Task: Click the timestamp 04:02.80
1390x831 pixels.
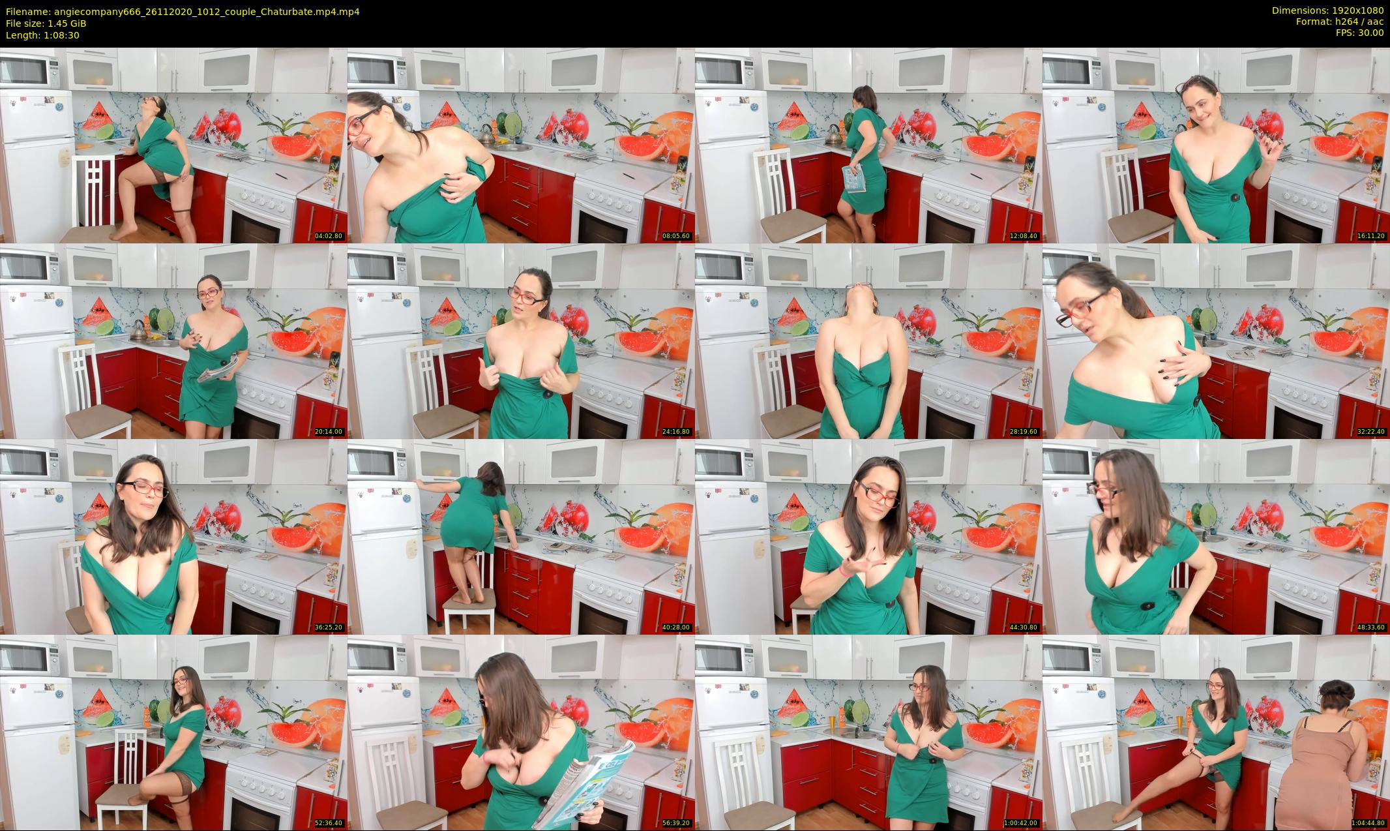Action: (x=329, y=236)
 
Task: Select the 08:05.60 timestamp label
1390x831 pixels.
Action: (x=676, y=236)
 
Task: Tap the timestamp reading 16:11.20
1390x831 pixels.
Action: (x=1371, y=236)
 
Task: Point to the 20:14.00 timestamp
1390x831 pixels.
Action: (x=329, y=432)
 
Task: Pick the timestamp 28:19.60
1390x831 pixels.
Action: (x=1024, y=432)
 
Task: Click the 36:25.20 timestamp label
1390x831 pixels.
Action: (x=329, y=627)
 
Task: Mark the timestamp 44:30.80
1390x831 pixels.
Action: (x=1024, y=627)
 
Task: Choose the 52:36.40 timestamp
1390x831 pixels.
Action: (x=329, y=823)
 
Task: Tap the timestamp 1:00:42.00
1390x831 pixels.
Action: (x=1021, y=823)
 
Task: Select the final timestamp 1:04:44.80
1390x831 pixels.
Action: (x=1368, y=823)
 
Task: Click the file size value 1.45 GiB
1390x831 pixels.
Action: (x=67, y=23)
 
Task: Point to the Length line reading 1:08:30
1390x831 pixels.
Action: (x=42, y=35)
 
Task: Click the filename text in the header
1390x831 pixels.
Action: (x=183, y=12)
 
